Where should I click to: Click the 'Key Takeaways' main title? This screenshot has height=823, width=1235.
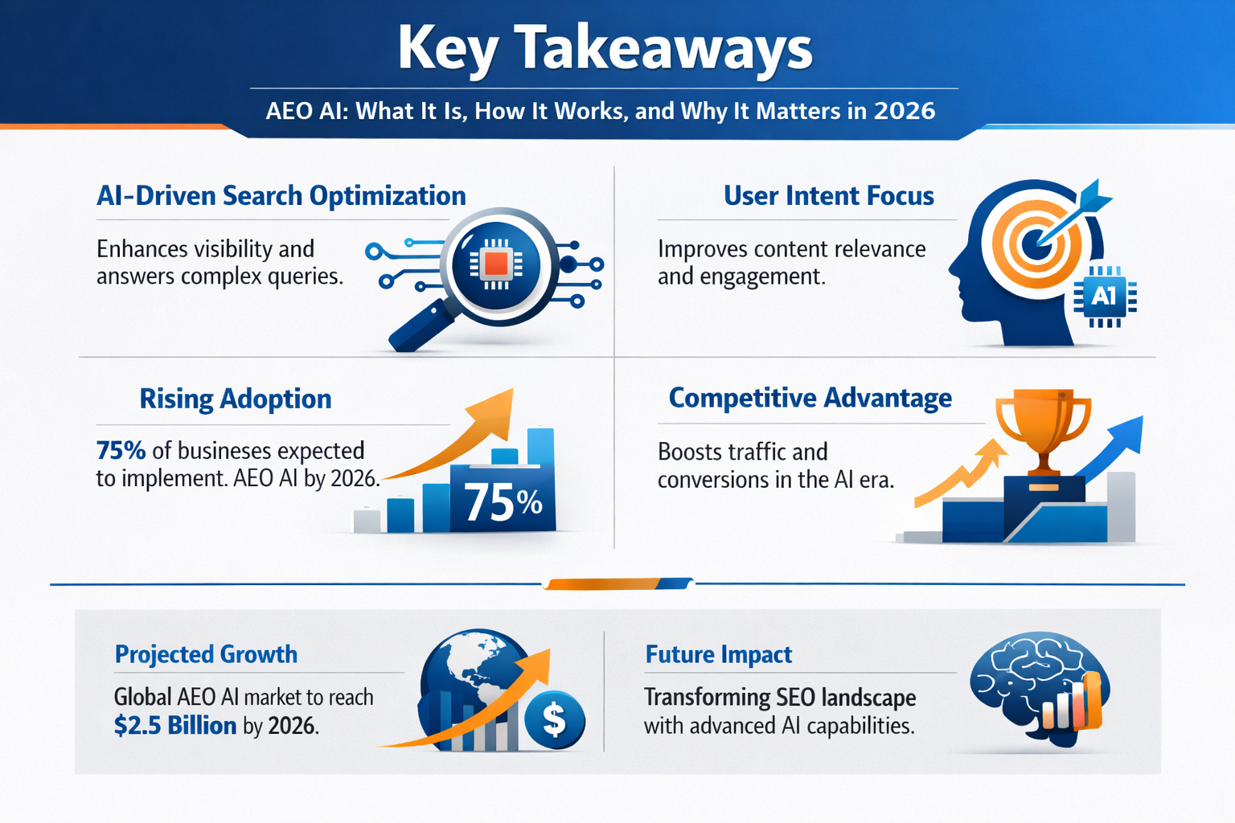[605, 48]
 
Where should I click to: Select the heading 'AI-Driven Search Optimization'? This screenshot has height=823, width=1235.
[281, 195]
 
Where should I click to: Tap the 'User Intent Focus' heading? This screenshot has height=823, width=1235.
[828, 195]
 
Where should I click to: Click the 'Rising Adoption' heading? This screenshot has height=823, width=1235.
[235, 399]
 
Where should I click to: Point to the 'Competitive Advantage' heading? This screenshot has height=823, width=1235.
[810, 398]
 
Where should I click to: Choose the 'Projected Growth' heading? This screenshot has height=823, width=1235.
[206, 654]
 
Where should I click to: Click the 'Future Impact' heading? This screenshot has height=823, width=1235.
[718, 654]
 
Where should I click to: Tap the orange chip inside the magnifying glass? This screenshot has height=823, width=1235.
[496, 264]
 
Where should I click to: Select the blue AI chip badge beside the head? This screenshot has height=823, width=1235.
[1104, 297]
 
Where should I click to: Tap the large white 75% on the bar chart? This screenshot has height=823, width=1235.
[503, 503]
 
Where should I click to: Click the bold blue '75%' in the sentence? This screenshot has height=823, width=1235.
[121, 450]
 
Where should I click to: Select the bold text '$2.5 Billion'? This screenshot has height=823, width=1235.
[175, 726]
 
